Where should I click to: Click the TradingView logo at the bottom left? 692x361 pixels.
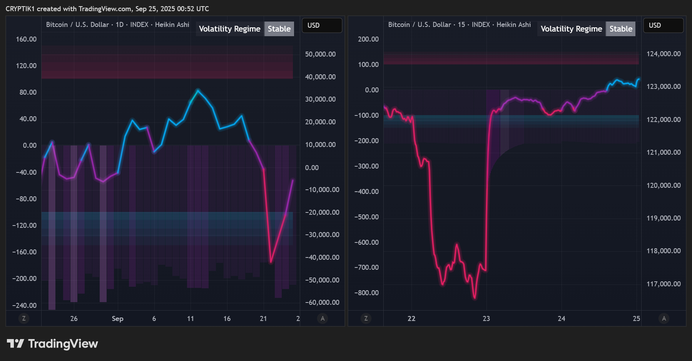[x=52, y=343]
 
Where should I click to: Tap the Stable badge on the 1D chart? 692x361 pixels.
[x=279, y=29]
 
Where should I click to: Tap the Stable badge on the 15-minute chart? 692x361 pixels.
[x=621, y=29]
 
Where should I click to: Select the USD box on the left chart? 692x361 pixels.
[x=322, y=25]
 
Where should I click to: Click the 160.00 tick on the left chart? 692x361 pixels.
[x=26, y=39]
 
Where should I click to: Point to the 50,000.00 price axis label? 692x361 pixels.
[x=320, y=54]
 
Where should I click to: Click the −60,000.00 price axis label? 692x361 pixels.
[x=322, y=303]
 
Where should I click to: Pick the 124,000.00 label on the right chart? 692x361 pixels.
[x=664, y=54]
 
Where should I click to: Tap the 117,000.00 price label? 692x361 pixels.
[x=664, y=284]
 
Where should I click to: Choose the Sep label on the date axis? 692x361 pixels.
[x=117, y=319]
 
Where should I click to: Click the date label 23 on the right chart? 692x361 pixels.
[x=486, y=319]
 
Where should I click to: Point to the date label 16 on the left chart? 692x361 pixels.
[x=227, y=319]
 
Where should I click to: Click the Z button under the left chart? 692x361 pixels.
[x=24, y=318]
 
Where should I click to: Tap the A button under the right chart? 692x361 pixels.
[x=664, y=318]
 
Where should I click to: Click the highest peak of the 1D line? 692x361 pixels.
[x=198, y=90]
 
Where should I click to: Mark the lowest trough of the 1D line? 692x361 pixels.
[x=271, y=262]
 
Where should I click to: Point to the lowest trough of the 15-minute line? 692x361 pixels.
[x=475, y=298]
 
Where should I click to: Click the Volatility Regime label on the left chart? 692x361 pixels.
[x=230, y=29]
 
